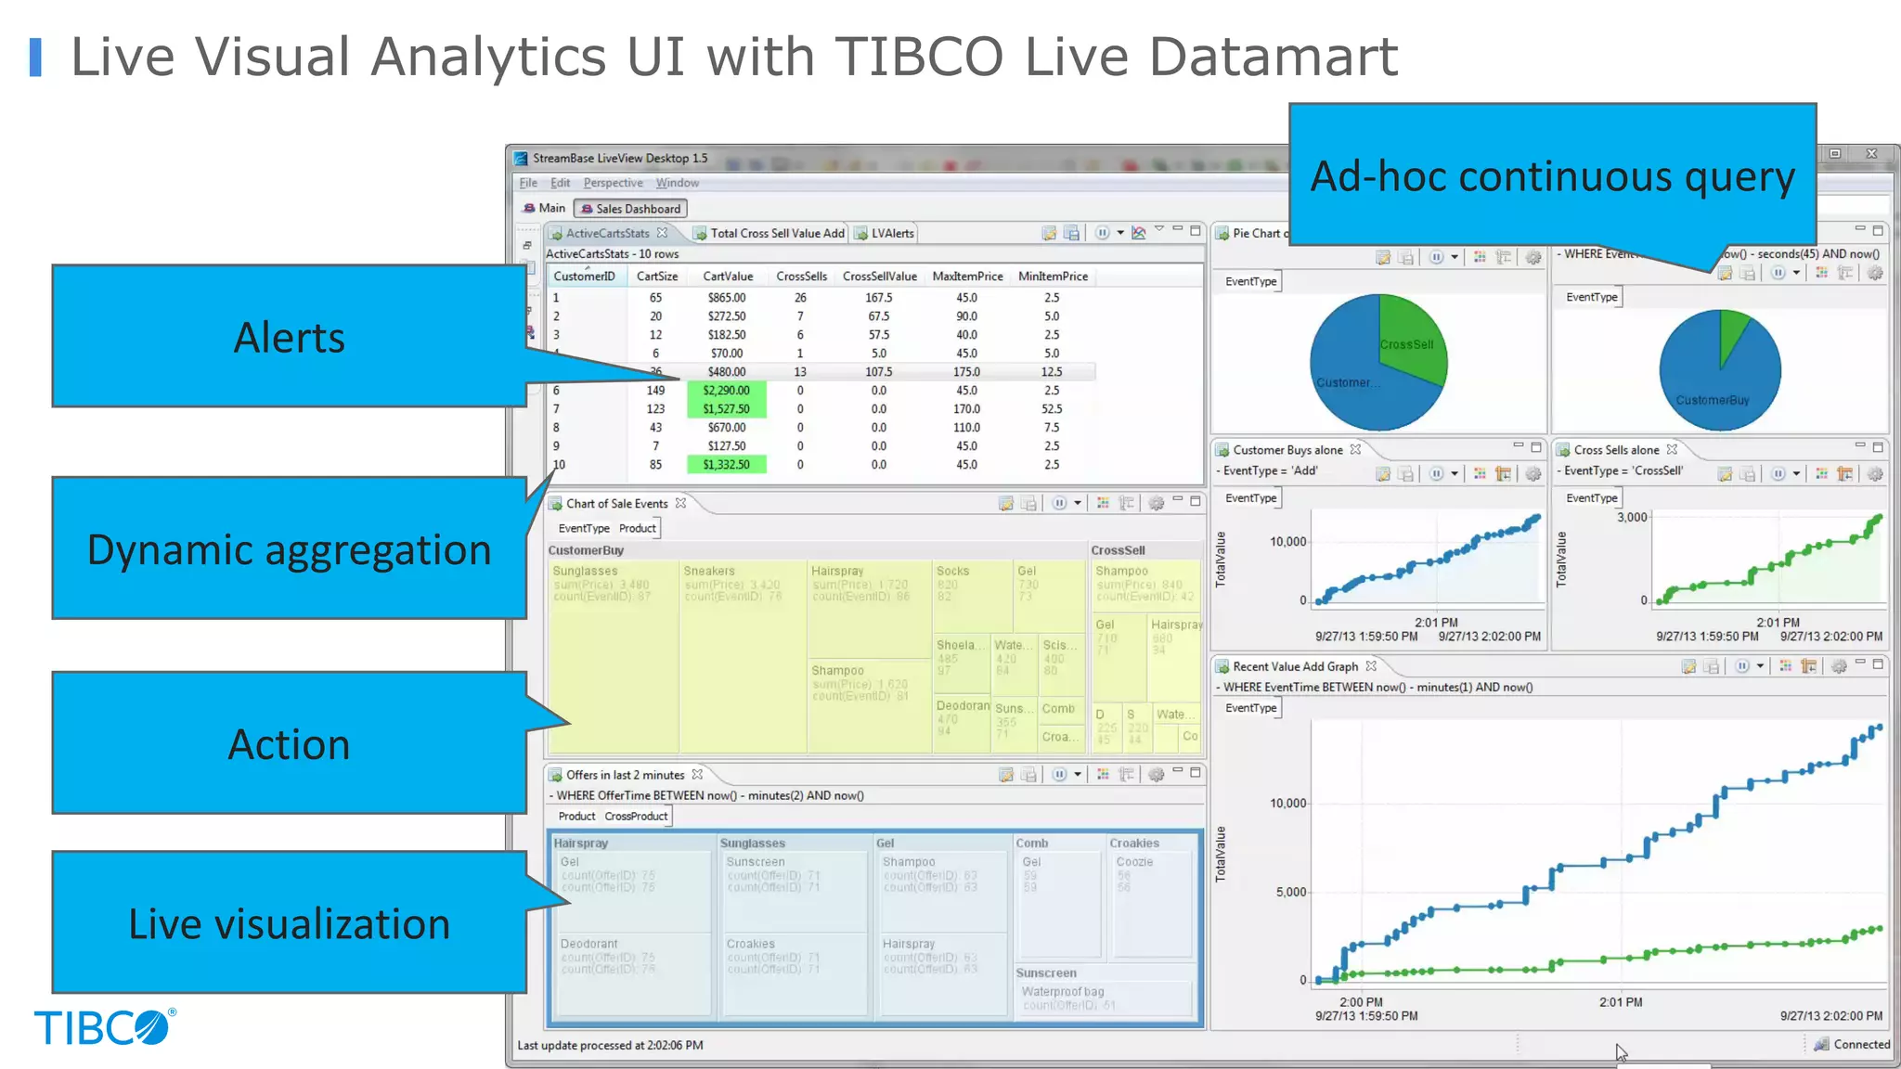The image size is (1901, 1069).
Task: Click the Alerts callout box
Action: [289, 336]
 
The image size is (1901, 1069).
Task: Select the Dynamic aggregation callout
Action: [289, 548]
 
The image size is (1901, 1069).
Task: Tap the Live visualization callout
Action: [289, 922]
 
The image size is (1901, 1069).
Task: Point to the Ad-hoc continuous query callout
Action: [1552, 175]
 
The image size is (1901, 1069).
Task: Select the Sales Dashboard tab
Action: [631, 209]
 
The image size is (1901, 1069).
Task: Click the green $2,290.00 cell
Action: [726, 391]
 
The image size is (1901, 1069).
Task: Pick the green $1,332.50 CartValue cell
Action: [726, 465]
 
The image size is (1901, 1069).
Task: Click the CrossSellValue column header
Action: [879, 277]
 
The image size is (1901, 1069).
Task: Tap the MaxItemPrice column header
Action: [967, 277]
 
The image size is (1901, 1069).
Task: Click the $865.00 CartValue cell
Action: [726, 298]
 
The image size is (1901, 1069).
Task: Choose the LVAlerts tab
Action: [892, 234]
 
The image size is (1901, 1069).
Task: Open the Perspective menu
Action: [613, 183]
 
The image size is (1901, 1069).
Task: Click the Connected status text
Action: [1861, 1044]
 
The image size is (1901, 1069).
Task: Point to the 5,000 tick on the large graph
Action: [1290, 893]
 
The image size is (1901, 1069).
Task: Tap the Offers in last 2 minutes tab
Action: [625, 775]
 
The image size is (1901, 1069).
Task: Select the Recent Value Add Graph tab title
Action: [1295, 666]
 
